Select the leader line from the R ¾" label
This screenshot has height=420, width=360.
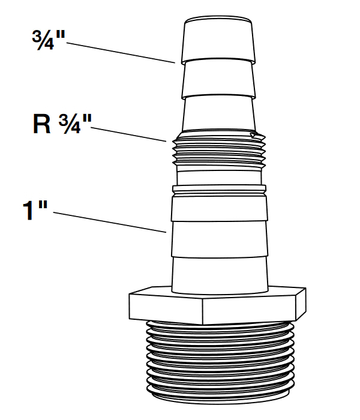coord(128,133)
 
